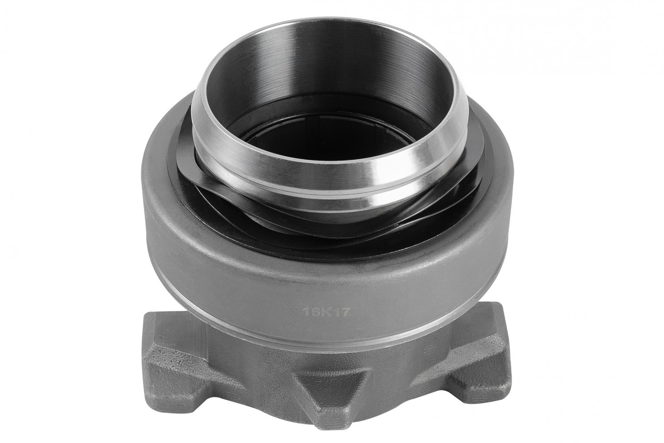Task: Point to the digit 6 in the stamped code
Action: tap(315, 311)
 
